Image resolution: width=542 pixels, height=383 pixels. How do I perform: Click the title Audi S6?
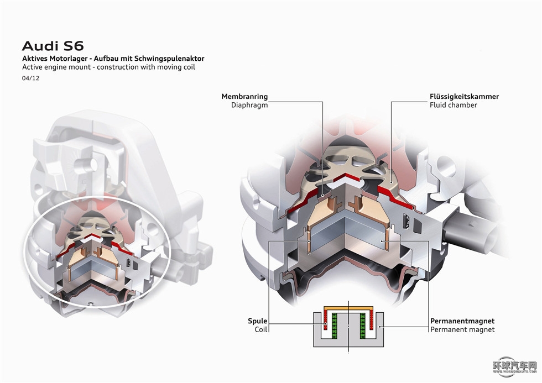pyautogui.click(x=53, y=45)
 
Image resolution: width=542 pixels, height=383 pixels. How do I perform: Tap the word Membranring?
pyautogui.click(x=244, y=96)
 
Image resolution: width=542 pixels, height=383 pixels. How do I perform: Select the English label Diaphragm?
pyautogui.click(x=249, y=105)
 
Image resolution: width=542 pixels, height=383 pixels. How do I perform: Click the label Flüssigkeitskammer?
pyautogui.click(x=464, y=96)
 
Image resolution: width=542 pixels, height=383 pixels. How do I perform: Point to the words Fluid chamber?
pyautogui.click(x=454, y=105)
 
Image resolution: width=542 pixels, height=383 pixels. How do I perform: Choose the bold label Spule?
pyautogui.click(x=258, y=321)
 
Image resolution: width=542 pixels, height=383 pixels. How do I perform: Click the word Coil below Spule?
pyautogui.click(x=261, y=329)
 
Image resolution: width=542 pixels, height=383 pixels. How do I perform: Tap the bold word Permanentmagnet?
pyautogui.click(x=462, y=321)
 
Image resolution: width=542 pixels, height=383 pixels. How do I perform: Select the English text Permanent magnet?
pyautogui.click(x=462, y=329)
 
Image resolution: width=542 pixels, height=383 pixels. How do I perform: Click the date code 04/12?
pyautogui.click(x=30, y=78)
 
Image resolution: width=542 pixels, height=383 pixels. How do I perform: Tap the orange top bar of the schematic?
pyautogui.click(x=348, y=307)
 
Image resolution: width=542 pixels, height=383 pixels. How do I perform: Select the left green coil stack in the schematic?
pyautogui.click(x=335, y=326)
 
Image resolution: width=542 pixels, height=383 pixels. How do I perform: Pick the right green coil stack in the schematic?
pyautogui.click(x=362, y=326)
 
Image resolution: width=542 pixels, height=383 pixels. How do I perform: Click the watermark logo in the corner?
pyautogui.click(x=514, y=367)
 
